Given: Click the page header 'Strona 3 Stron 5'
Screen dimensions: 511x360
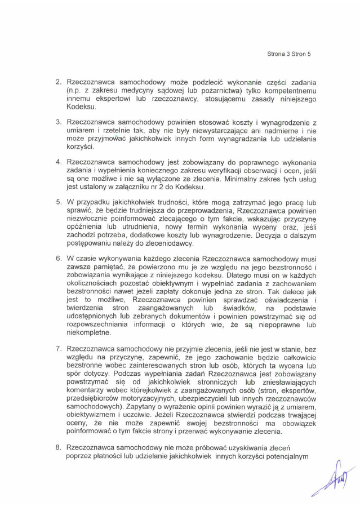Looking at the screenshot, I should point(288,54).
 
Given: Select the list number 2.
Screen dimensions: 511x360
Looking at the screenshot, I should point(58,82).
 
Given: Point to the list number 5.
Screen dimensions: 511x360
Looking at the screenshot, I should point(58,201).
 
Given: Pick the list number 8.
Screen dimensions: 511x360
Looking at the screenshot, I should point(58,447).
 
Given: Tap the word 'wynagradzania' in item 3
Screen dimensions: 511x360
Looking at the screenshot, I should point(236,139).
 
